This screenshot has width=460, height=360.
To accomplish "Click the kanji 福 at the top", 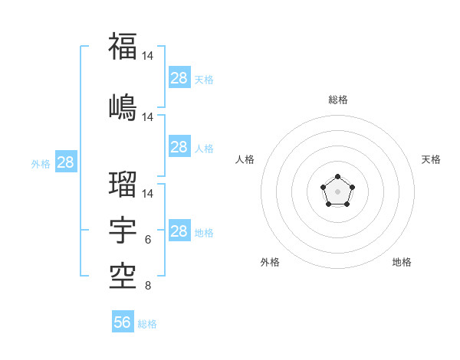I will tap(123, 47).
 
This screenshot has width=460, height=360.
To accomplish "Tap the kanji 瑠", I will tap(123, 185).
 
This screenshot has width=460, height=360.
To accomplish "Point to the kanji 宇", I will tap(123, 229).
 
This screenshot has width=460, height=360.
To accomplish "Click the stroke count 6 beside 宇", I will tap(148, 240).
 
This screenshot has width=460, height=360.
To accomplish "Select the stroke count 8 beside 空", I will tap(148, 286).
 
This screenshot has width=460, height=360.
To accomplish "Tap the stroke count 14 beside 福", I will tap(148, 57).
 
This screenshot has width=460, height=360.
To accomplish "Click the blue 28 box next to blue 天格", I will tap(179, 78).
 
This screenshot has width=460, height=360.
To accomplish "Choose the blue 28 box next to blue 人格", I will tap(179, 147).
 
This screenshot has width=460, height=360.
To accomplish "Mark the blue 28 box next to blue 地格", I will tap(179, 231).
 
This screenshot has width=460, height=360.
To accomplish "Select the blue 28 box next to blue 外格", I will tap(65, 162).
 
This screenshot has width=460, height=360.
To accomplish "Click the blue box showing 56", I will tap(123, 322).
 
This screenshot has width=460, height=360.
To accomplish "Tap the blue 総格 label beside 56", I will tap(147, 324).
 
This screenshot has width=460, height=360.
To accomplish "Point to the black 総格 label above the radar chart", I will tap(337, 100).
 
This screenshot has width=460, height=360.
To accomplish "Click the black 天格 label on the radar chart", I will tap(432, 159).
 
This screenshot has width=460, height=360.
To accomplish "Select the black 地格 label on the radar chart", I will tap(402, 262).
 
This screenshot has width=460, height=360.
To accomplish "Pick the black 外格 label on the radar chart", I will tap(270, 262).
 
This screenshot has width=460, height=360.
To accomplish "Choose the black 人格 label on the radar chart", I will tap(245, 159).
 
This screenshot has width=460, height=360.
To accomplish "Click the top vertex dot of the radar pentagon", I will tap(337, 178).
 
